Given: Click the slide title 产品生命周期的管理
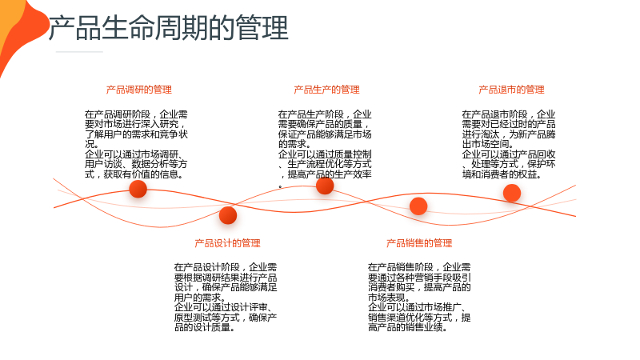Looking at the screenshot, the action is [x=169, y=28].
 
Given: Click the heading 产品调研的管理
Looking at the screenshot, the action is [x=138, y=90].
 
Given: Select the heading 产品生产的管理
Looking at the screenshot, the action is [x=326, y=90].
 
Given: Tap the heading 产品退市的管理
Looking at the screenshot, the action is [x=511, y=90].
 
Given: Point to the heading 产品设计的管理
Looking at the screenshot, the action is [x=227, y=243].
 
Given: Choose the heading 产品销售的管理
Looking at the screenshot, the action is [x=419, y=243].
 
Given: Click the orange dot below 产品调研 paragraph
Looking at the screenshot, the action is [x=138, y=189].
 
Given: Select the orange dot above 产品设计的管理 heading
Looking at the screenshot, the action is [x=228, y=215].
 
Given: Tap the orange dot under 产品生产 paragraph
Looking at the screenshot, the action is [x=325, y=186].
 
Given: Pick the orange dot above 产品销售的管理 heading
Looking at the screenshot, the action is [x=418, y=206].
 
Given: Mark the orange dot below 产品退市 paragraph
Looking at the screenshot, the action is [x=512, y=193].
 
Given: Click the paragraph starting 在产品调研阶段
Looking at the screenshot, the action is [x=136, y=144].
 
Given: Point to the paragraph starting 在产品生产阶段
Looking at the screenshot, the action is [x=325, y=149].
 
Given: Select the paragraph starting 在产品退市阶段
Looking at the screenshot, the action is [x=509, y=144].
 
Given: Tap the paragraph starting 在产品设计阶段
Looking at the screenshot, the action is [x=226, y=297].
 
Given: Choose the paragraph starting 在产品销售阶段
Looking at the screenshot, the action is [x=419, y=297].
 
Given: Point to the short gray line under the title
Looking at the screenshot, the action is [x=79, y=52].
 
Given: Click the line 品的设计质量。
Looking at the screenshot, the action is [x=205, y=327].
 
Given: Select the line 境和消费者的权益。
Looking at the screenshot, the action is [x=502, y=174].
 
